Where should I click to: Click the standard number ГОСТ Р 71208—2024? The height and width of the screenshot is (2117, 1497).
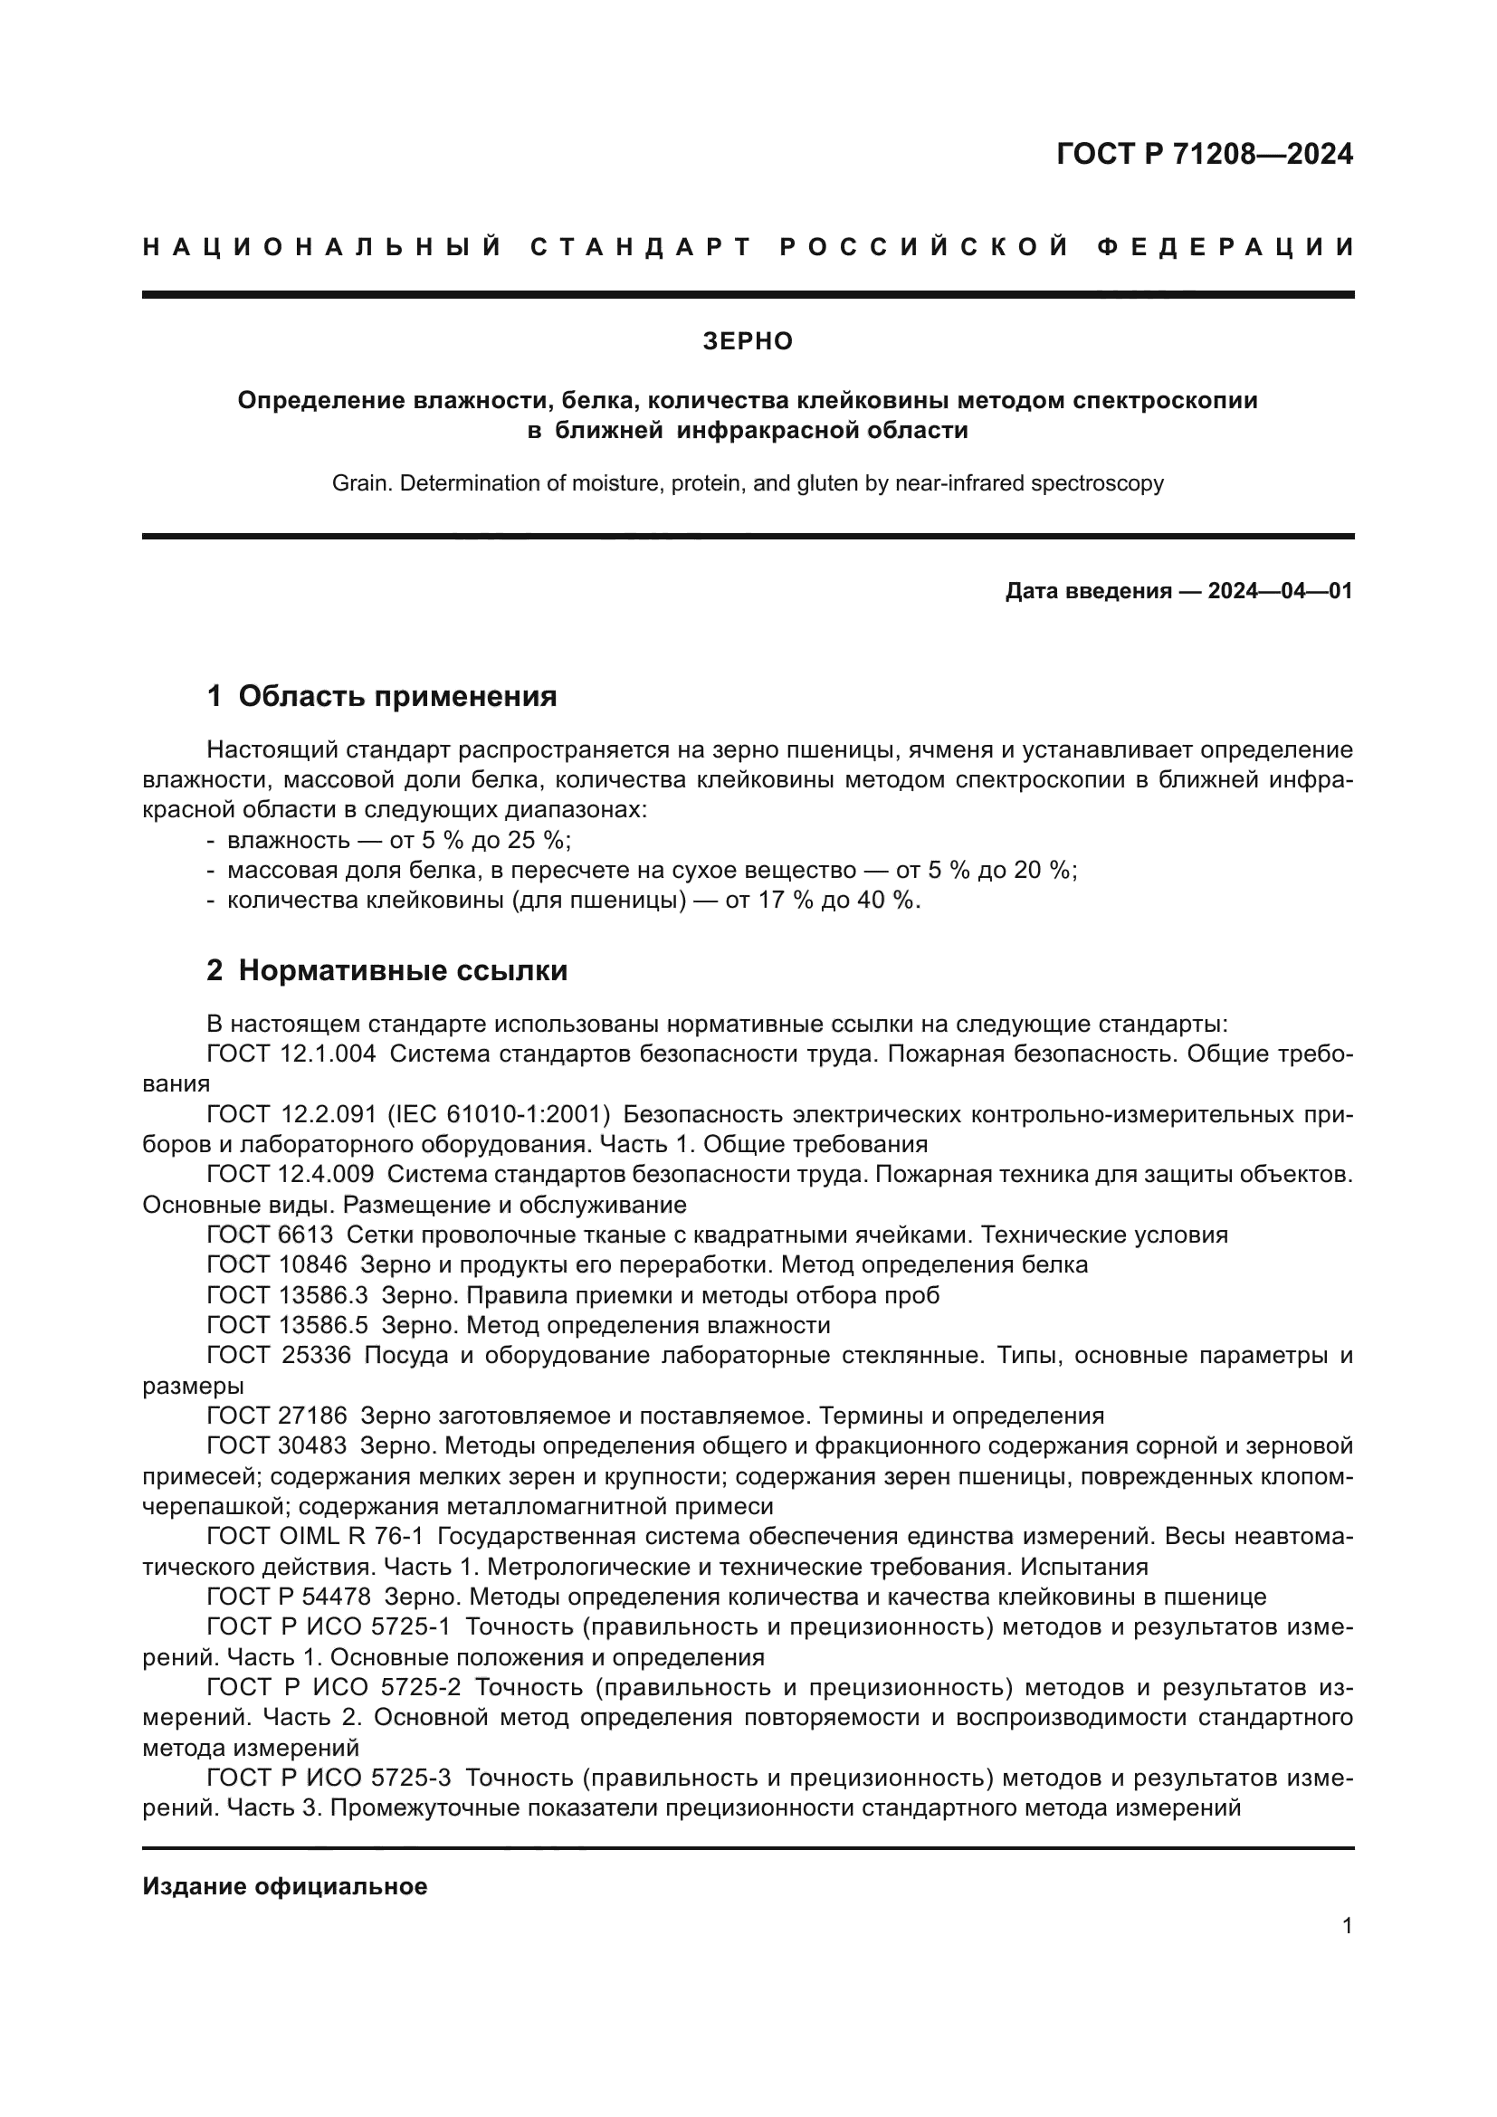tap(1204, 154)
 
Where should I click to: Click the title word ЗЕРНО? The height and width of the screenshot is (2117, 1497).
tap(748, 341)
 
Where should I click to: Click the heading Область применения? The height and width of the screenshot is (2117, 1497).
tap(397, 696)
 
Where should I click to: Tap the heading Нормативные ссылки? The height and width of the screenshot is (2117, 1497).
tap(403, 970)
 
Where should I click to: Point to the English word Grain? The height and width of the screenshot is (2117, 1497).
tap(357, 483)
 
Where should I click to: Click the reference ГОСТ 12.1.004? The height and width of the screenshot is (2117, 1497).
tap(291, 1054)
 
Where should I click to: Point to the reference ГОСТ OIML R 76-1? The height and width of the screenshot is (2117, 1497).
tap(314, 1536)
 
